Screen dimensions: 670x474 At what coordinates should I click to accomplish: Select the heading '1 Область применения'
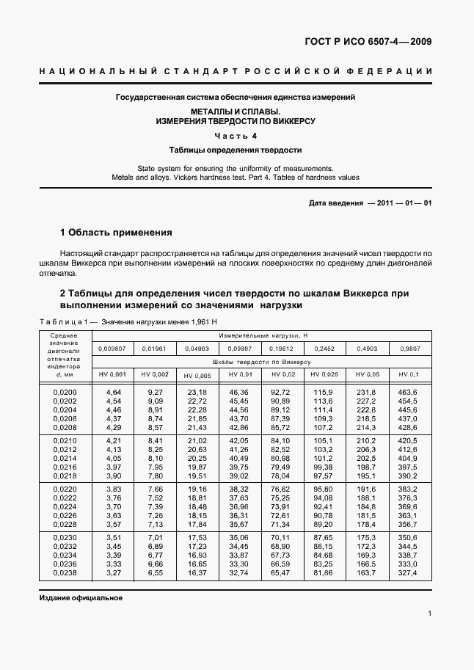(x=116, y=233)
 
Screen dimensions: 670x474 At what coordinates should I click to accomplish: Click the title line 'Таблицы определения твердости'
(x=236, y=149)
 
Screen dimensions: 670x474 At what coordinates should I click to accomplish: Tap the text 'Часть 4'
(x=236, y=136)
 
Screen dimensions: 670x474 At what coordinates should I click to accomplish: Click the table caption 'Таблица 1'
(x=59, y=322)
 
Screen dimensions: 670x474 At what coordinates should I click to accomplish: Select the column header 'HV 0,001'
(x=112, y=374)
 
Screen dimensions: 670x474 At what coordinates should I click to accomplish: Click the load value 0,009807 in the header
(x=112, y=349)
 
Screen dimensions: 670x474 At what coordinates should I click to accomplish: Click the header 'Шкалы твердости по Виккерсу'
(x=261, y=362)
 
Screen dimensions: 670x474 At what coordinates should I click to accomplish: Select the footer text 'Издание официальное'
(x=81, y=597)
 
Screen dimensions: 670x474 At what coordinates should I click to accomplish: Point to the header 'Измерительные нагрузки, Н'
(x=261, y=334)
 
